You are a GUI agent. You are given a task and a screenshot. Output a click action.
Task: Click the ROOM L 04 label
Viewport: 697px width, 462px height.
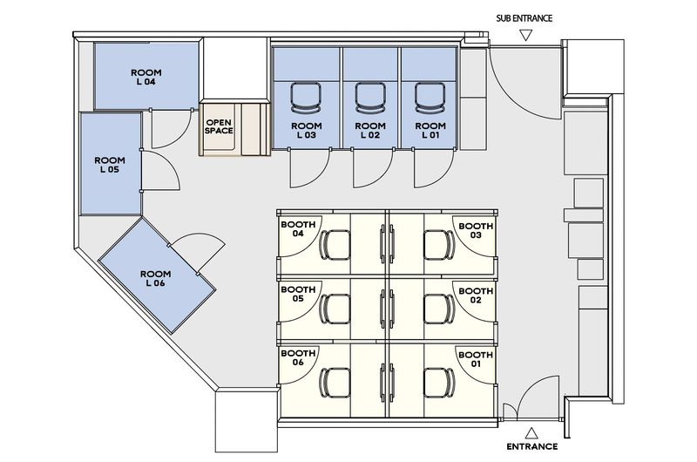[145, 77]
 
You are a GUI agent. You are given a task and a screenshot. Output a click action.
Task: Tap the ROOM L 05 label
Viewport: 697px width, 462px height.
[110, 165]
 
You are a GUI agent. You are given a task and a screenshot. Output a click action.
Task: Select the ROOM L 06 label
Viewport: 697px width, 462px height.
[155, 278]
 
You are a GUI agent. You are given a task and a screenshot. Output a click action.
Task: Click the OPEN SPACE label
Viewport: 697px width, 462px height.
[219, 126]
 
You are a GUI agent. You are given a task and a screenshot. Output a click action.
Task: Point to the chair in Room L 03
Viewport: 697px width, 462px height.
[307, 98]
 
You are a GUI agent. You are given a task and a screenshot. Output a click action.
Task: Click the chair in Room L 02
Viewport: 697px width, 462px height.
[370, 98]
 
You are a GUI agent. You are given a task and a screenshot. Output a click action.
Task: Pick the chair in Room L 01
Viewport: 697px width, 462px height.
[430, 98]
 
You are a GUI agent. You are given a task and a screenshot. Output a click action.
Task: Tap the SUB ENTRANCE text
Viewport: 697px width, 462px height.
[524, 18]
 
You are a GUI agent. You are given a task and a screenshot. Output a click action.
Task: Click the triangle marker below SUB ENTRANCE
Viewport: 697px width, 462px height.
[526, 35]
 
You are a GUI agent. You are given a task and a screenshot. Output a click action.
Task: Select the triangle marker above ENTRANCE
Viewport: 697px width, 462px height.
[531, 433]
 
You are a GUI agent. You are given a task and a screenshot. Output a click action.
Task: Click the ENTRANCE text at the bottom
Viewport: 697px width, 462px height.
[532, 446]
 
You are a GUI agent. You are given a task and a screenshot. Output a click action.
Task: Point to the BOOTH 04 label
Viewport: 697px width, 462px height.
[298, 229]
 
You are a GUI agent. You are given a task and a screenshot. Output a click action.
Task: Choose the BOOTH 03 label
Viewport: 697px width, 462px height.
[476, 230]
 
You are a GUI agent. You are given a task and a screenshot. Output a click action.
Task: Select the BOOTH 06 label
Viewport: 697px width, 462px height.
[298, 357]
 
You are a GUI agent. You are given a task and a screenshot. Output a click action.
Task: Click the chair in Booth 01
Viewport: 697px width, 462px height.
[439, 383]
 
